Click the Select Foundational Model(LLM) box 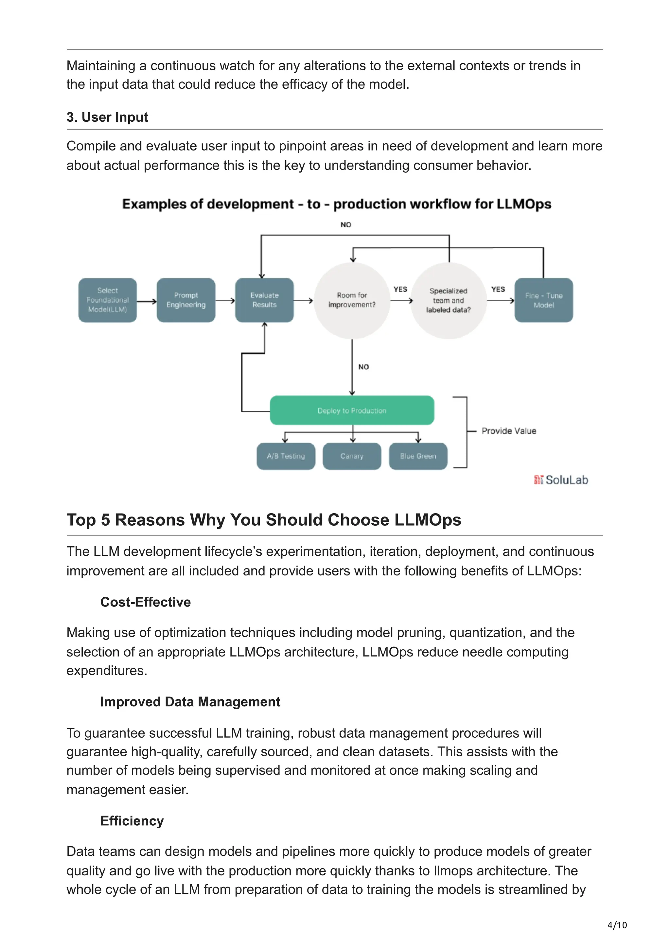pyautogui.click(x=107, y=300)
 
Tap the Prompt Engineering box pyautogui.click(x=186, y=300)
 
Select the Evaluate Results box pyautogui.click(x=264, y=300)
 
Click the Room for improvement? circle pyautogui.click(x=352, y=300)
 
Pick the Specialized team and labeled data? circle pyautogui.click(x=448, y=300)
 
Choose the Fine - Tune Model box pyautogui.click(x=543, y=300)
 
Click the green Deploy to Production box pyautogui.click(x=352, y=411)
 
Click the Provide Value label pyautogui.click(x=509, y=430)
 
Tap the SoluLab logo pyautogui.click(x=561, y=480)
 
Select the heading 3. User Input pyautogui.click(x=107, y=117)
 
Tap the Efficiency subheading pyautogui.click(x=132, y=821)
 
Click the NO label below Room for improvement pyautogui.click(x=363, y=367)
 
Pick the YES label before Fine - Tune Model pyautogui.click(x=498, y=289)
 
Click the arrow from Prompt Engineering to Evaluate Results pyautogui.click(x=225, y=301)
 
